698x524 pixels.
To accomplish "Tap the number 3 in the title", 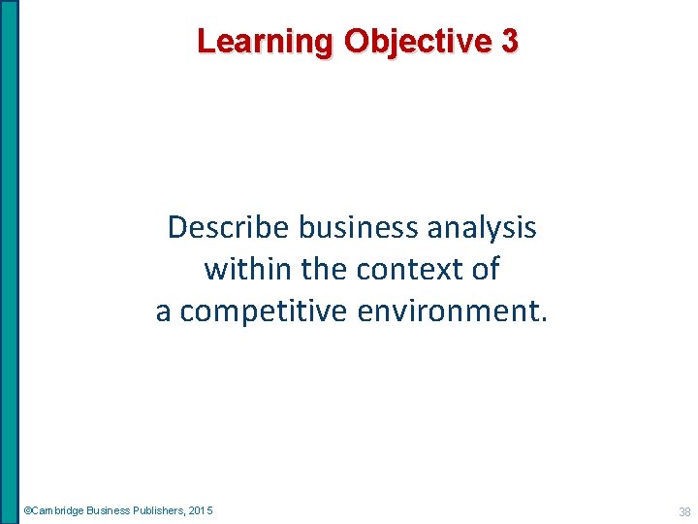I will [510, 41].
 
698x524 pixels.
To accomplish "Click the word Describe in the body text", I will [229, 227].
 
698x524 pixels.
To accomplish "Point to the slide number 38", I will [684, 511].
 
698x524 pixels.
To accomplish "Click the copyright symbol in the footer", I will [27, 510].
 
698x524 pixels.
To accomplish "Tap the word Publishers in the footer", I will [155, 510].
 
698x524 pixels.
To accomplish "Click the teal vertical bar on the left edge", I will [9, 262].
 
